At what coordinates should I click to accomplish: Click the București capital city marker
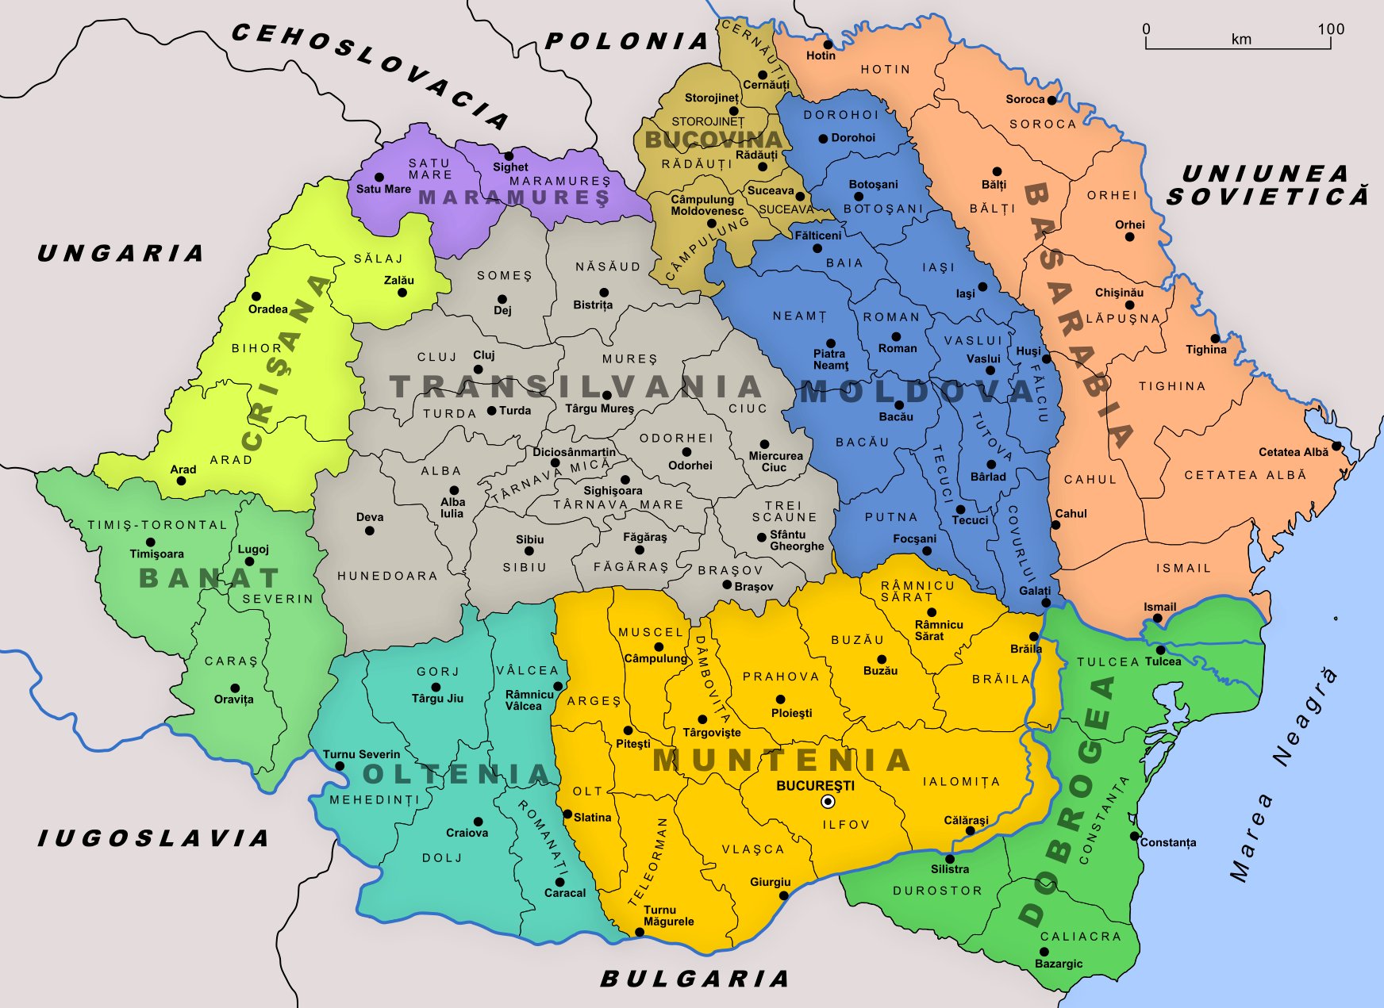[x=828, y=802]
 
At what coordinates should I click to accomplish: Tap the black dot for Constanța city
[x=1134, y=836]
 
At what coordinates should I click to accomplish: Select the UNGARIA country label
[x=121, y=254]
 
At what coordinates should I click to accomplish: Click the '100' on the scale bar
[x=1331, y=29]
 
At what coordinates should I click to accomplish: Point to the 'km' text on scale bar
[x=1241, y=40]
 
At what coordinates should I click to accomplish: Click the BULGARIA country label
[x=694, y=979]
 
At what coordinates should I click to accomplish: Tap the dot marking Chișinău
[x=1129, y=305]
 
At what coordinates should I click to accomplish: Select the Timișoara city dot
[x=151, y=542]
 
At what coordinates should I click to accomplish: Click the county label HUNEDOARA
[x=387, y=576]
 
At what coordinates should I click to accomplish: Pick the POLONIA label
[x=627, y=41]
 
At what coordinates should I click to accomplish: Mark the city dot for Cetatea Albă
[x=1336, y=446]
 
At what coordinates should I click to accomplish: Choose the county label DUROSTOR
[x=937, y=891]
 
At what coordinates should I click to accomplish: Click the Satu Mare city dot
[x=379, y=178]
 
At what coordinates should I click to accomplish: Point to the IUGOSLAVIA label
[x=153, y=838]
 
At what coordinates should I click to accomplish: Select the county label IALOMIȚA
[x=961, y=782]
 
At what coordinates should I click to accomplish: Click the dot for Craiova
[x=478, y=822]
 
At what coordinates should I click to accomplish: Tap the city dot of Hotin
[x=827, y=44]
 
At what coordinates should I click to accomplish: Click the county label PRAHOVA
[x=781, y=676]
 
